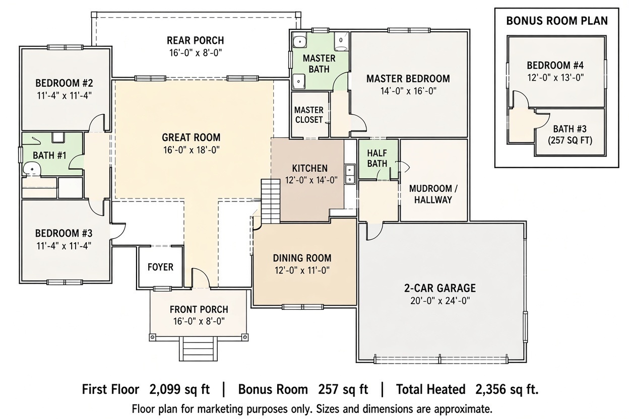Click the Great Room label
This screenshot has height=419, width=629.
pos(191,137)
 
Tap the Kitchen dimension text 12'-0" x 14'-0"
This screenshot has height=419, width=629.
pos(311,180)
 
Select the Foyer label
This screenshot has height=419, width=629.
pos(160,267)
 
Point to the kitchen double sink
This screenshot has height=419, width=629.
pos(350,174)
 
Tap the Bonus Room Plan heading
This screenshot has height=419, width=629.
pos(557,21)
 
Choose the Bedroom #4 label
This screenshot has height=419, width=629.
pos(555,65)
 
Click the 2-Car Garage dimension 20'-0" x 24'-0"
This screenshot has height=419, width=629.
pos(440,301)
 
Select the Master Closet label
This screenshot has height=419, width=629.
pos(309,115)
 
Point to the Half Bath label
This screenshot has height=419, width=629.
pos(377,158)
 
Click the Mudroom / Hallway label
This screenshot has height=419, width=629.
pos(433,194)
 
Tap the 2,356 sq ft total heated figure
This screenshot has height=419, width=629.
pos(507,389)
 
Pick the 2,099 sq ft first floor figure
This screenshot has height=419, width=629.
pos(179,389)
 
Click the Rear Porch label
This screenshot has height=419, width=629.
pos(196,40)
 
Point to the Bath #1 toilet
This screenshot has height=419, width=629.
pos(32,169)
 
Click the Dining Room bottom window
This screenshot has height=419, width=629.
pos(303,307)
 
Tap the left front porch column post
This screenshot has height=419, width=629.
pos(153,336)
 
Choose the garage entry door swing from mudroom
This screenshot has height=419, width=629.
pos(374,231)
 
